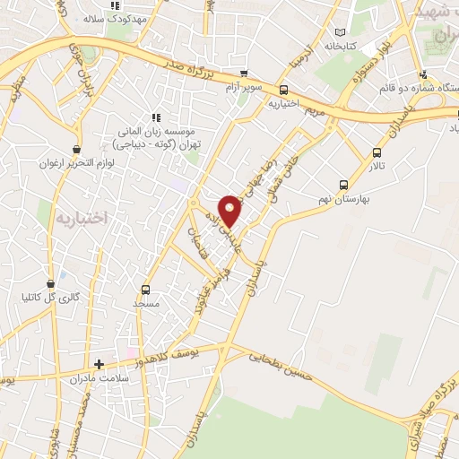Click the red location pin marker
(x=230, y=210)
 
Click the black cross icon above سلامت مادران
(x=100, y=364)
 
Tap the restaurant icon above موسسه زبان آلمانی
(x=155, y=117)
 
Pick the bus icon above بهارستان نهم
(x=343, y=180)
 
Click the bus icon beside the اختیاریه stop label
(x=283, y=89)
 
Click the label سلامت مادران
(x=99, y=379)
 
